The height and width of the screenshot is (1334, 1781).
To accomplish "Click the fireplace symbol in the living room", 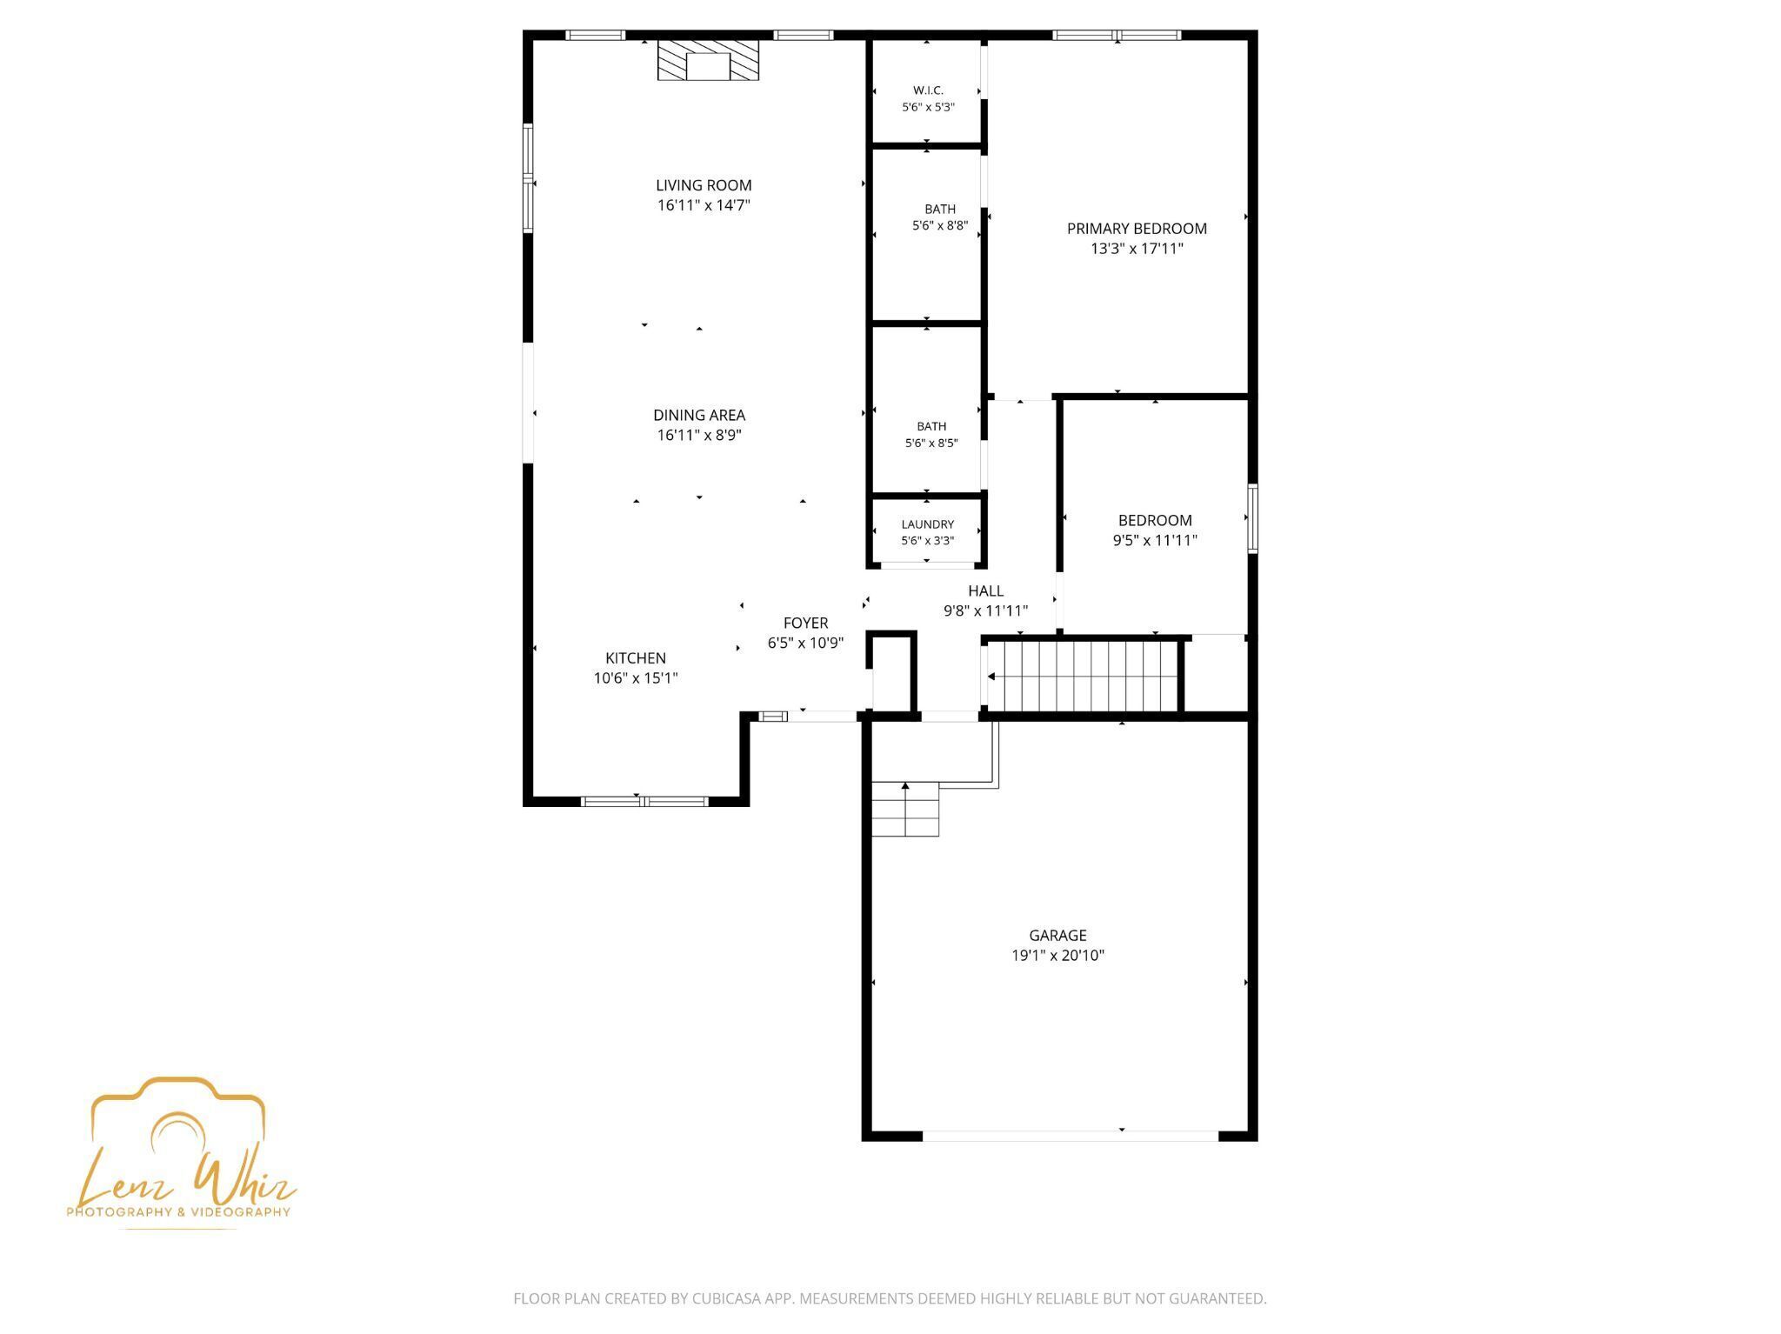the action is (708, 60).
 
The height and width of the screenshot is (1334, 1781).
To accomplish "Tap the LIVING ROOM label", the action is (704, 185).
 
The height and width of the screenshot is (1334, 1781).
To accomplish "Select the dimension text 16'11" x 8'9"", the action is (699, 435).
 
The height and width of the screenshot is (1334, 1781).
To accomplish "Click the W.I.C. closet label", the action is (928, 90).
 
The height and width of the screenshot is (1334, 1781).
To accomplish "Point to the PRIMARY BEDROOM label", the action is (1137, 229).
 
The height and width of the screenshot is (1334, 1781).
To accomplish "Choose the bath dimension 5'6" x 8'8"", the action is (940, 226).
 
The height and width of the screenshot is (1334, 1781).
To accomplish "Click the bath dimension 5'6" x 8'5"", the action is (931, 443).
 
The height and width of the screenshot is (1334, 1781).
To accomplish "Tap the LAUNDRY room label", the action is (928, 524).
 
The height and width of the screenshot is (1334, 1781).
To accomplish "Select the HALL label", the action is (985, 591).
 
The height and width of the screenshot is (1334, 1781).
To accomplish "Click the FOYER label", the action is (805, 623).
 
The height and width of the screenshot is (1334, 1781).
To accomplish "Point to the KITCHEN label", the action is (636, 658).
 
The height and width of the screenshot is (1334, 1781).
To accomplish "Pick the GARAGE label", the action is (1057, 936).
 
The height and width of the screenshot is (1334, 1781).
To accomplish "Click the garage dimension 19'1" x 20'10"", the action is (1057, 956).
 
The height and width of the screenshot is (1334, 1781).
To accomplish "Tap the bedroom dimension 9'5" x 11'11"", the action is (1155, 540).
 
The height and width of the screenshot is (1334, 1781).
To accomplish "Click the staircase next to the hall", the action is (1084, 676).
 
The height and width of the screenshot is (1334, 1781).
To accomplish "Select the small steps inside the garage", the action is (905, 809).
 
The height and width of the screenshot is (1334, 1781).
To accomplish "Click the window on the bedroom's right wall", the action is (1252, 518).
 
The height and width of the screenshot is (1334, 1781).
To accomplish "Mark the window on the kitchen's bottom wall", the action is (644, 801).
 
